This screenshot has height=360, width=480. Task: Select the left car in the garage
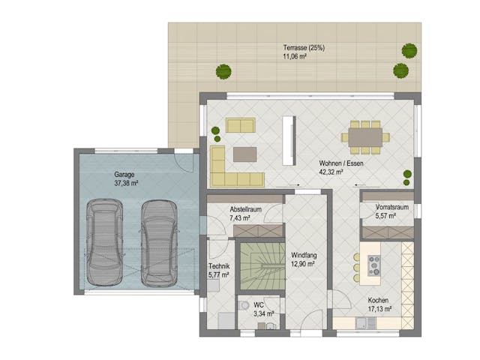click(x=103, y=241)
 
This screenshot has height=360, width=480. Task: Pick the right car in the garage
click(x=157, y=241)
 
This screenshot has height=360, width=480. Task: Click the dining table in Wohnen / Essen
click(x=365, y=137)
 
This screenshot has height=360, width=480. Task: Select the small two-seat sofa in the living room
click(x=240, y=125)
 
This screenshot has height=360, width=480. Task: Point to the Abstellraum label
click(x=245, y=209)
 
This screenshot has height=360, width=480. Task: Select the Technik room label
click(x=219, y=266)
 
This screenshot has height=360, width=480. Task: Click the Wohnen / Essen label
click(x=341, y=163)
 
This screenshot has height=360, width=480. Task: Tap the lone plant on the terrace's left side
click(x=223, y=72)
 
